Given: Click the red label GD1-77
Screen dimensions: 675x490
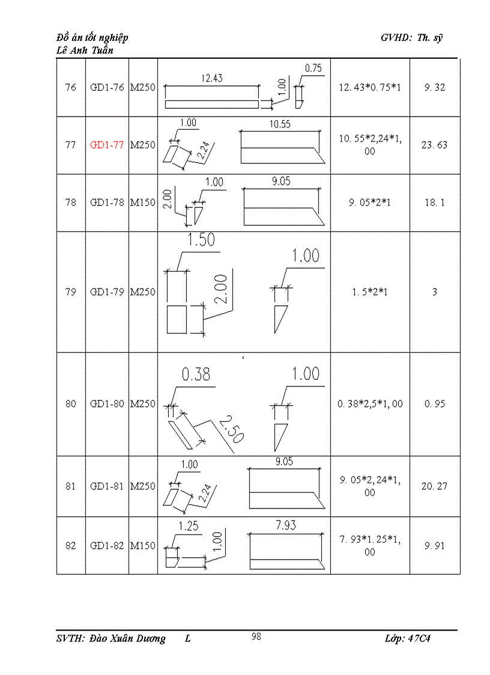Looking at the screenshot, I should [107, 145].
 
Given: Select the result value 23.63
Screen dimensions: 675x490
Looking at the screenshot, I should [435, 145].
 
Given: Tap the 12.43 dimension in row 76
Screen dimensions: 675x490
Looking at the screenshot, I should [211, 78].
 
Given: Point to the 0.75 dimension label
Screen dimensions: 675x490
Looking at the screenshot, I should [313, 69].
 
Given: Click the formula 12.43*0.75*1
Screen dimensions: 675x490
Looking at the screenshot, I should [369, 88].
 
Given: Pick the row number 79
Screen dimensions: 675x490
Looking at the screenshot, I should [71, 292].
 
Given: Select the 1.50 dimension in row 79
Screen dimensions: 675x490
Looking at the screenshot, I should [201, 240].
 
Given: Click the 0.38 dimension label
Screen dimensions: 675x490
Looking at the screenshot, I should [196, 374].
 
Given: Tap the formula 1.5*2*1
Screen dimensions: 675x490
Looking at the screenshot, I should [369, 292].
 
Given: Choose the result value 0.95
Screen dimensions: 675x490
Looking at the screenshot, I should [435, 404].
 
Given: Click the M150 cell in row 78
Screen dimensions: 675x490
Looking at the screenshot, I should [143, 203].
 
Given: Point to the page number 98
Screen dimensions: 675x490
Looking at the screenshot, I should [256, 637].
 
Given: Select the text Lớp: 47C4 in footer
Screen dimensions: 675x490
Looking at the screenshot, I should [407, 639].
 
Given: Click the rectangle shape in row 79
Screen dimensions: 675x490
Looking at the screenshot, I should [177, 319].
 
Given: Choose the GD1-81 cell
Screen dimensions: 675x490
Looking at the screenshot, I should [107, 486].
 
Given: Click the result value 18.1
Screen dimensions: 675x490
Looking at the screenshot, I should [435, 203].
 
